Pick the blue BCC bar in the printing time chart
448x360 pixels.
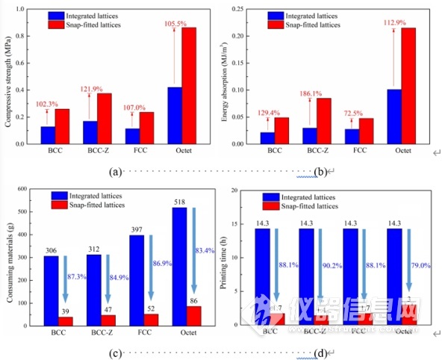262,276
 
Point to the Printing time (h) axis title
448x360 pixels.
223,258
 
